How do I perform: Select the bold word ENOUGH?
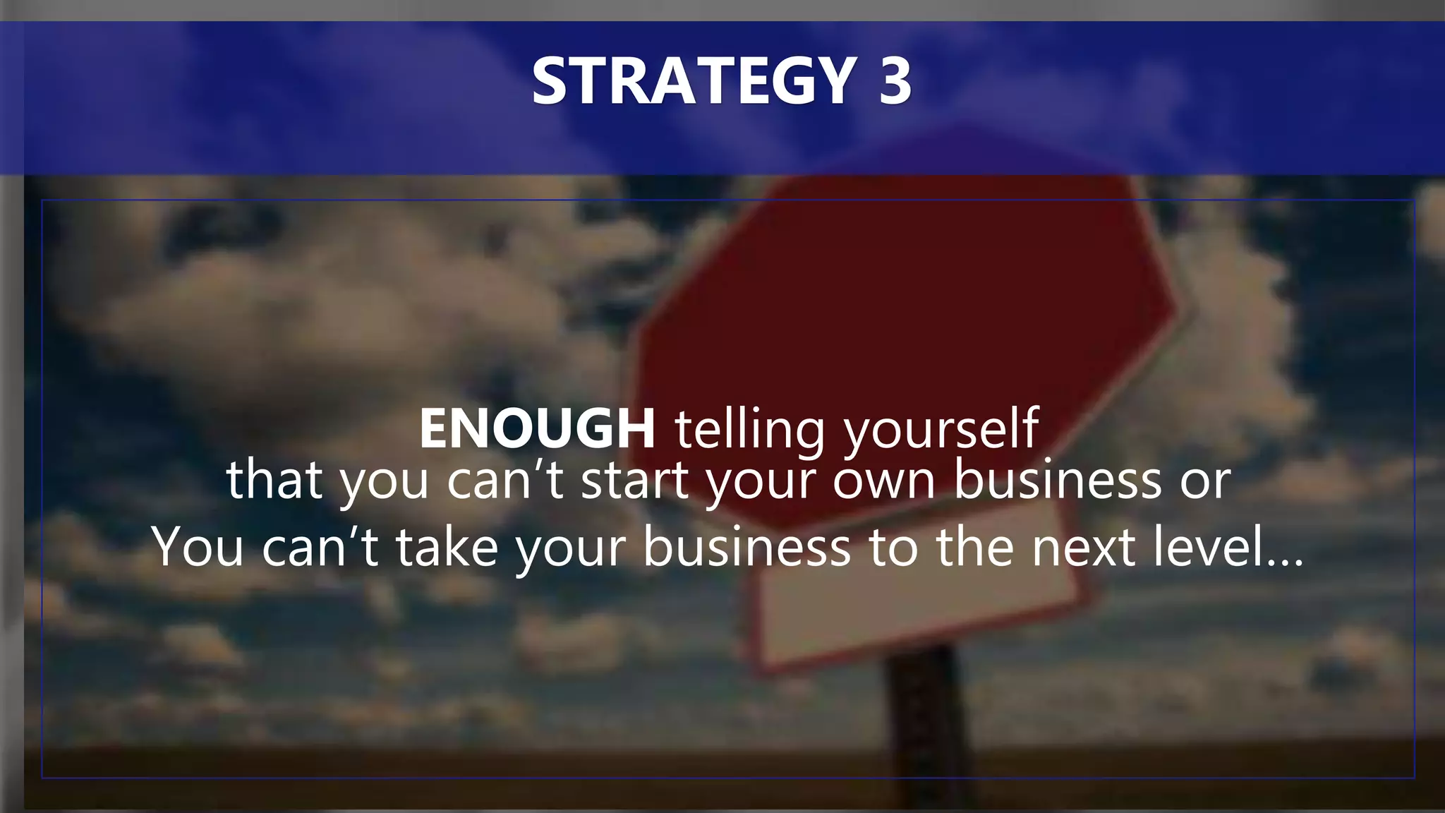coord(538,428)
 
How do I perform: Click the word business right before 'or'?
coord(1058,480)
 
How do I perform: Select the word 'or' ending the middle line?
coord(1205,480)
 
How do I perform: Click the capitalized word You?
coord(198,547)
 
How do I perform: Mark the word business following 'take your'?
coord(747,547)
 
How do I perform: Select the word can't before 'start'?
coord(505,480)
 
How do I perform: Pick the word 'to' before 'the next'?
coord(893,547)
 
